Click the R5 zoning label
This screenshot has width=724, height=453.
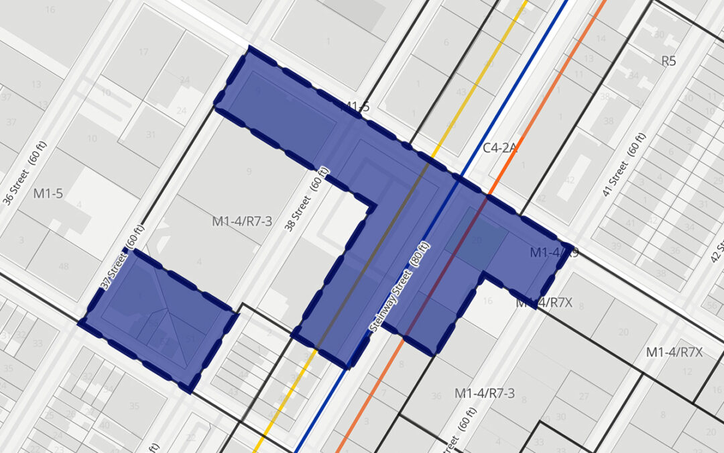[668, 61]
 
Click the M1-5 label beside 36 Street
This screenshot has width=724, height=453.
[48, 194]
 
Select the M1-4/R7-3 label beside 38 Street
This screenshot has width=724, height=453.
[242, 220]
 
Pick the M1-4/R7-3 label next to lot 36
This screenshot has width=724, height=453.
[485, 393]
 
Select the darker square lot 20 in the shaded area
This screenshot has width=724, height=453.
[476, 240]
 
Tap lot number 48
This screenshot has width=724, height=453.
[64, 266]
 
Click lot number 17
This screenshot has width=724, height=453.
[143, 52]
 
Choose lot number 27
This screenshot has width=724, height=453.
[583, 396]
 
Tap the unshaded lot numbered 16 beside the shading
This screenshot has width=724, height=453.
[487, 301]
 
